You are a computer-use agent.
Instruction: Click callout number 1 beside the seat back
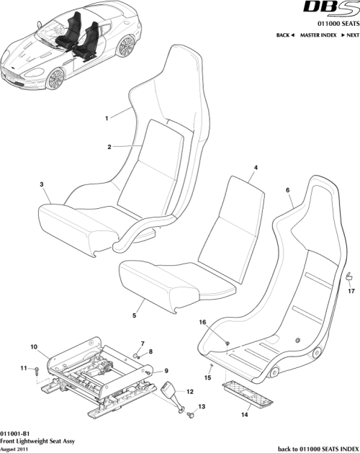click(x=107, y=117)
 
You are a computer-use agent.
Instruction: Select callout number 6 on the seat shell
click(x=288, y=190)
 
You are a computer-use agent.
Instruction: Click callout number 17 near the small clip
click(x=351, y=291)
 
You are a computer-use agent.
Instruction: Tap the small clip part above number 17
click(x=349, y=276)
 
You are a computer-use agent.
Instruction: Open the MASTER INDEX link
click(x=319, y=35)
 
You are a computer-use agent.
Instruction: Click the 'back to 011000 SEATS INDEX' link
click(x=310, y=447)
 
